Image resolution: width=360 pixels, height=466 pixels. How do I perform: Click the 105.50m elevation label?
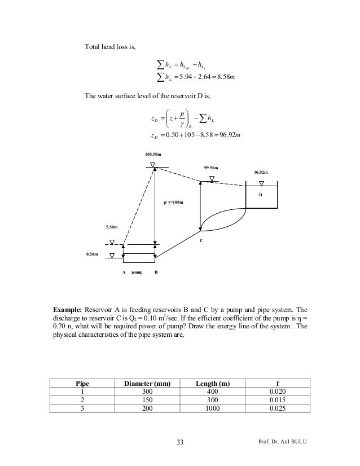153,153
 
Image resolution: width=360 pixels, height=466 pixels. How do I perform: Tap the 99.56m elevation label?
211,168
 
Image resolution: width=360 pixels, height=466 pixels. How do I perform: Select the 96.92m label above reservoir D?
261,172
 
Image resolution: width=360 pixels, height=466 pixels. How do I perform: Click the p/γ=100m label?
173,201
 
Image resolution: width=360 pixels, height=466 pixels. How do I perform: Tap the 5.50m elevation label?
112,227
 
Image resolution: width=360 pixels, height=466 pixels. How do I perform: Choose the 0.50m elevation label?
92,254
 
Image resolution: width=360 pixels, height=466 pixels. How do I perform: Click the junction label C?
200,240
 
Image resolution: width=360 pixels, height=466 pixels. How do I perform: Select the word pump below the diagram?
137,272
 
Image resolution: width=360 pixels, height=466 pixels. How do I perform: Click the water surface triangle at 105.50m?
153,164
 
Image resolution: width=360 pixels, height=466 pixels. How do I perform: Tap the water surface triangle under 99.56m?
212,179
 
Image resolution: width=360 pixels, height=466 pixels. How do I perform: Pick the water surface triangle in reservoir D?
261,183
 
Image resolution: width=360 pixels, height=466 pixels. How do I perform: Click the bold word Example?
67,310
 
